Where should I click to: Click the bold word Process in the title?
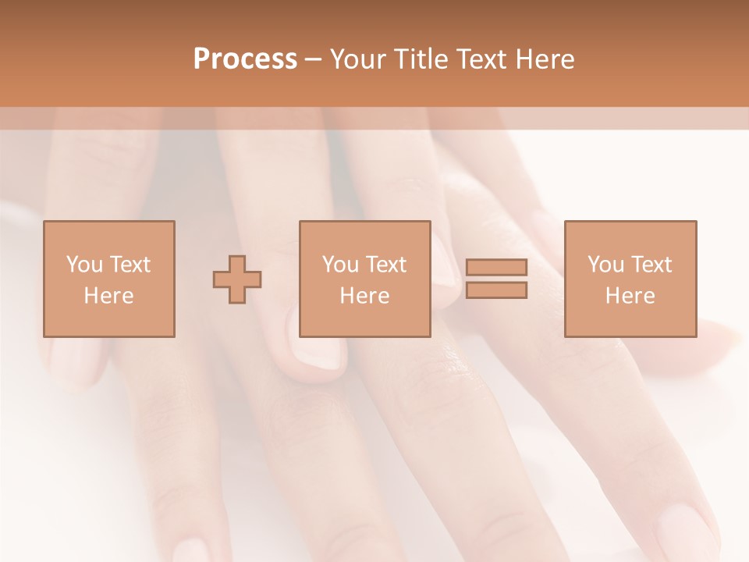coord(245,59)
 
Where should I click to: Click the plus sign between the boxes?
coord(237,279)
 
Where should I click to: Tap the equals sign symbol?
coord(496,279)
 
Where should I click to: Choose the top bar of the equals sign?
coord(496,268)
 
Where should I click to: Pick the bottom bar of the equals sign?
coord(496,290)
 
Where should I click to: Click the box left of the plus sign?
coord(108,279)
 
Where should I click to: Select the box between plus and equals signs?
coord(364,279)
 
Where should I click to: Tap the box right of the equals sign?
coord(630,279)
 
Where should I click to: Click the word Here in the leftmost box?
coord(108,296)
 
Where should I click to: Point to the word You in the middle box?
coord(340,265)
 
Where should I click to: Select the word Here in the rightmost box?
coord(630,296)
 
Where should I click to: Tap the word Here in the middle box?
coord(364,296)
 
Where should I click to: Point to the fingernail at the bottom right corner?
coord(687,535)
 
